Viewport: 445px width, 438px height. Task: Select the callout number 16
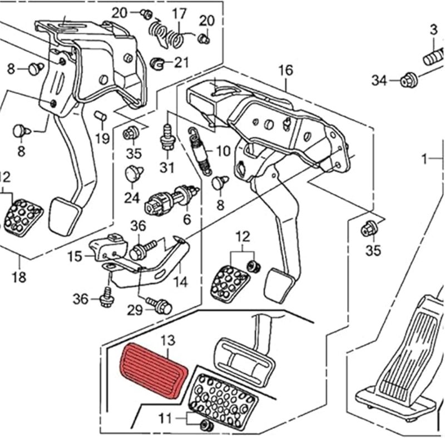click(285, 70)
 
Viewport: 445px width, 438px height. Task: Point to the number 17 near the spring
click(179, 13)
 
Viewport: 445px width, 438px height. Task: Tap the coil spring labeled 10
click(199, 150)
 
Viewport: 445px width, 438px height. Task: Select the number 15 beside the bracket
click(75, 256)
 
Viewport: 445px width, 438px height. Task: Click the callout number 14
click(180, 281)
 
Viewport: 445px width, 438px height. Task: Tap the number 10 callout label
click(222, 151)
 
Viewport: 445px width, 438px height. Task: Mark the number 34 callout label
click(379, 82)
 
